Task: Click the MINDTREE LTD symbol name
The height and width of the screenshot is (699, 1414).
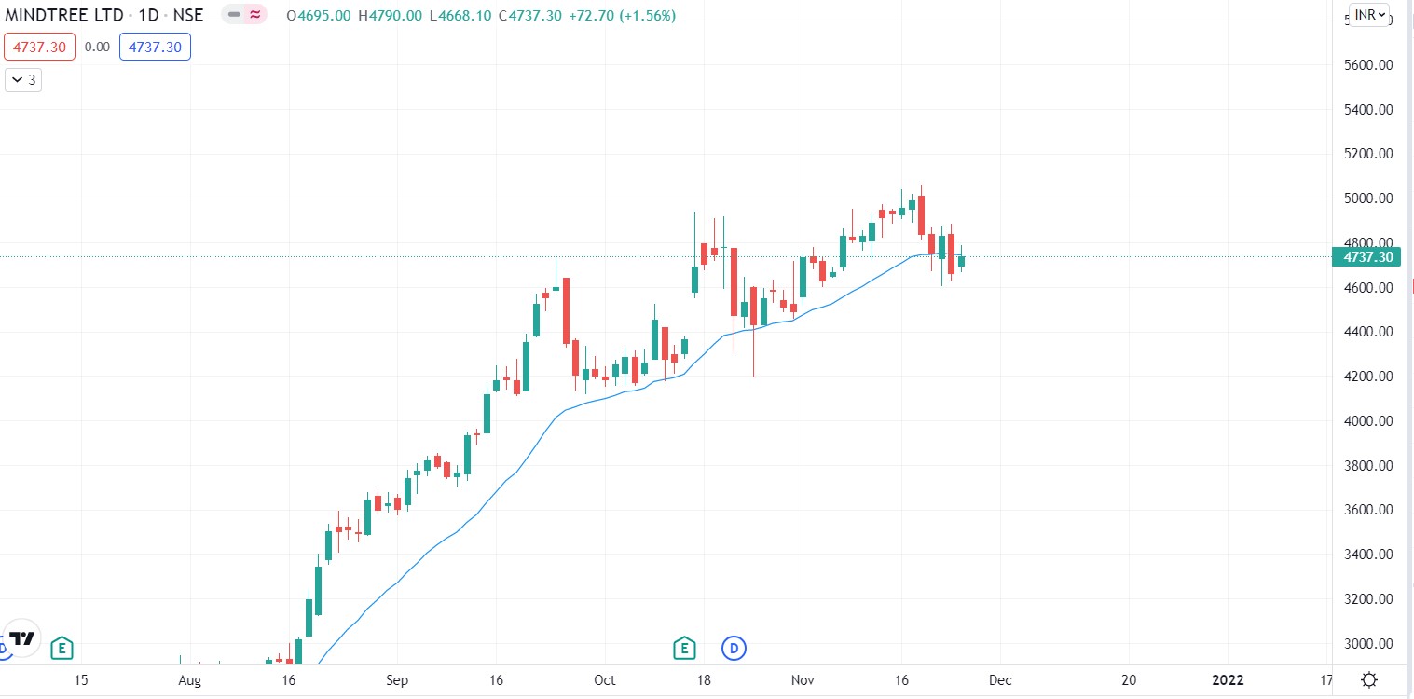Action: tap(63, 16)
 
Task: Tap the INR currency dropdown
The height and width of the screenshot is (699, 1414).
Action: tap(1368, 16)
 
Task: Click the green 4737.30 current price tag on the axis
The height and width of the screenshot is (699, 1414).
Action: tap(1366, 257)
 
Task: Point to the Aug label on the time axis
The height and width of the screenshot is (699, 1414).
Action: tap(190, 679)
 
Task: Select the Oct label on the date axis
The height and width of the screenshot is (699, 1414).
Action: tap(605, 679)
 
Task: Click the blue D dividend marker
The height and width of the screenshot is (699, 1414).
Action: tap(734, 647)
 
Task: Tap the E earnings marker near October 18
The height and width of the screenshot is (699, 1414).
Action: tap(685, 647)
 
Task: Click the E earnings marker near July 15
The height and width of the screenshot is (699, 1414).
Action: tap(62, 647)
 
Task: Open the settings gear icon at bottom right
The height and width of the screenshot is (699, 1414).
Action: tap(1368, 678)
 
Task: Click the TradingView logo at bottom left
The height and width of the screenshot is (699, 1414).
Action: tap(23, 638)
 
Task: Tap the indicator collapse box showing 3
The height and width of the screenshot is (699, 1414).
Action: tap(23, 80)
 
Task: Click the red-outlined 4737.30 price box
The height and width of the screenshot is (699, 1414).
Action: tap(38, 47)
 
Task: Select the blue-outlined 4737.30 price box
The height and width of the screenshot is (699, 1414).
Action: tap(155, 47)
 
